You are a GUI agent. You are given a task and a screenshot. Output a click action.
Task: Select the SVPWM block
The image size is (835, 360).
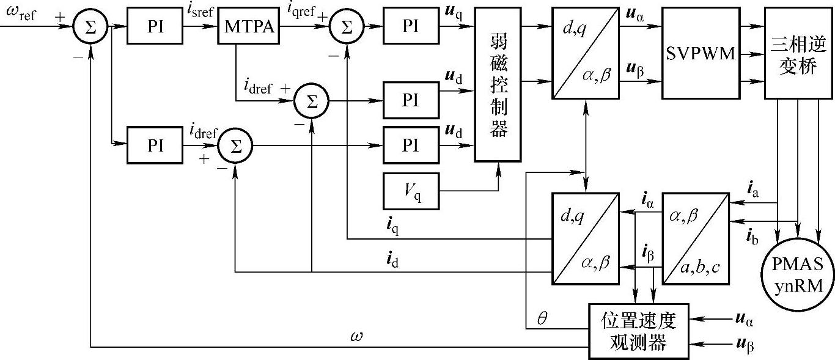point(700,54)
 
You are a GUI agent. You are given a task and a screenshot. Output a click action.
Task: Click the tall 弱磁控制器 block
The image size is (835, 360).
point(499,86)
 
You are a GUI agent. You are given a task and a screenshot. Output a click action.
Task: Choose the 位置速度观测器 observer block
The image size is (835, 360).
point(638,330)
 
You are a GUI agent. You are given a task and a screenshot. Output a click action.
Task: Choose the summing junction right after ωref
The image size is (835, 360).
point(89,28)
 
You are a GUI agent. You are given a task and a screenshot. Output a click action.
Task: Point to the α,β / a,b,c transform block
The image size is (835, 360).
point(697,239)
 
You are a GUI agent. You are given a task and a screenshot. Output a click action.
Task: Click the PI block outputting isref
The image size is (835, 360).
point(155,28)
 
